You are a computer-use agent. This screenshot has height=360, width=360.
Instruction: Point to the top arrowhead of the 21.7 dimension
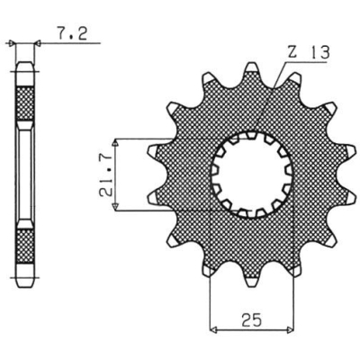(118, 143)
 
